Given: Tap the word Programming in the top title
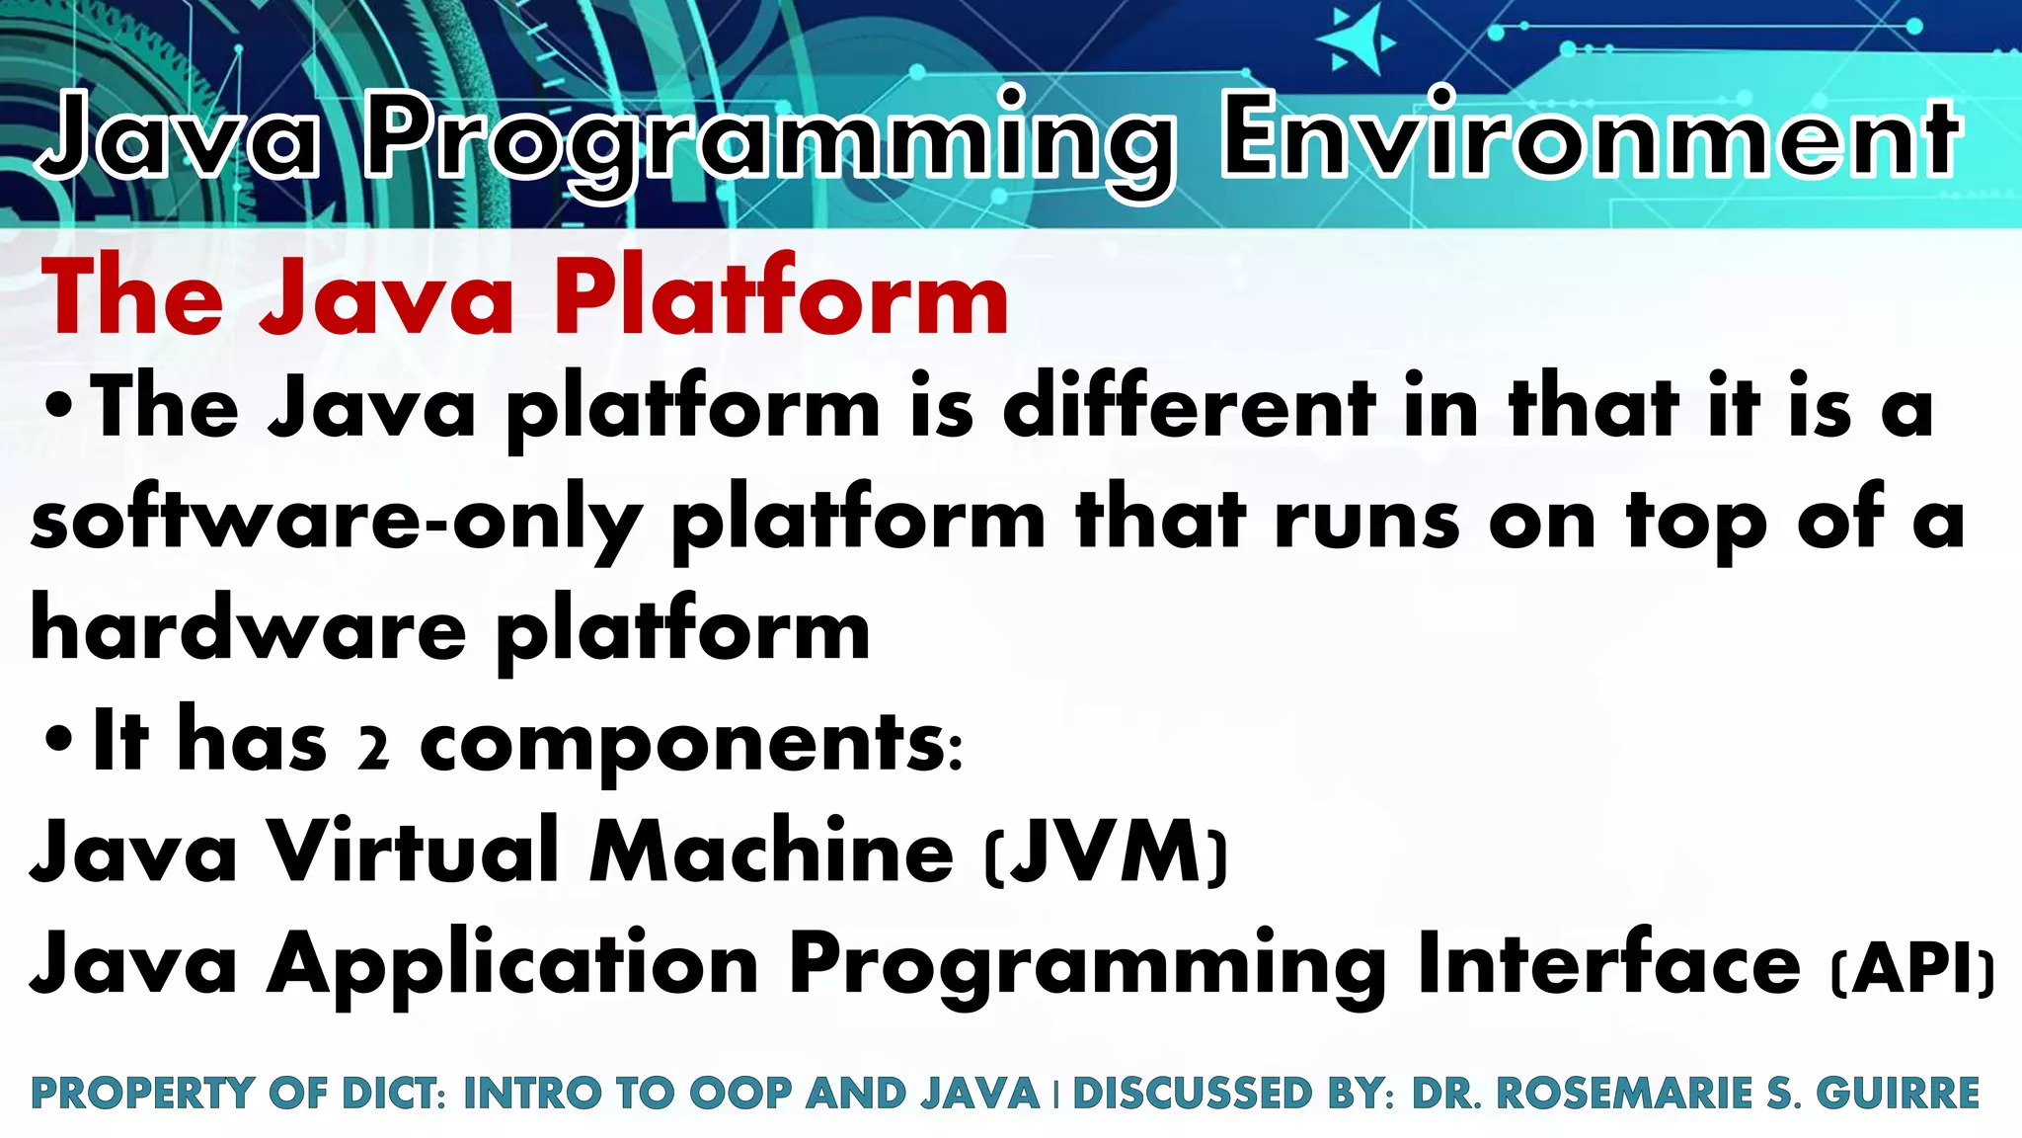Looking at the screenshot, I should click(x=770, y=143).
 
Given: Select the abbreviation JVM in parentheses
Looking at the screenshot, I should click(x=1106, y=853).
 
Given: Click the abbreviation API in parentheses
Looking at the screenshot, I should click(x=1911, y=970).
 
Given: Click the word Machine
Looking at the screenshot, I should click(x=771, y=853).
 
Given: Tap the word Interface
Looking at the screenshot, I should click(x=1609, y=963).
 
